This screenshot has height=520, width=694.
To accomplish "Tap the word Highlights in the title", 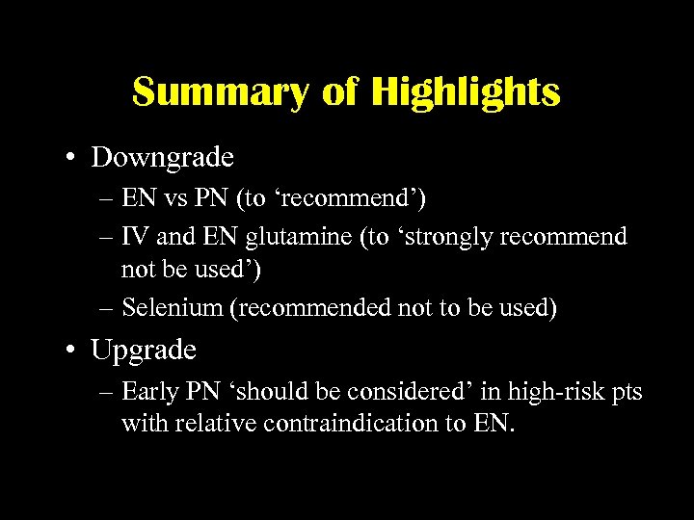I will coord(466,92).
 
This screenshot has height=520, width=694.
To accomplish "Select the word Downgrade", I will coord(162,157).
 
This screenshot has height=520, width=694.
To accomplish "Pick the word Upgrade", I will coord(144,350).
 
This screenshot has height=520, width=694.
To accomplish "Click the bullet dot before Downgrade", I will coord(73,157).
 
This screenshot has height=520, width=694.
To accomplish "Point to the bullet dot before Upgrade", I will coord(73,350).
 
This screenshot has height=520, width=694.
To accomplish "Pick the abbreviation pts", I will coord(625,392).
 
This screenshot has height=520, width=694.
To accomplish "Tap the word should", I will coord(279,392).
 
